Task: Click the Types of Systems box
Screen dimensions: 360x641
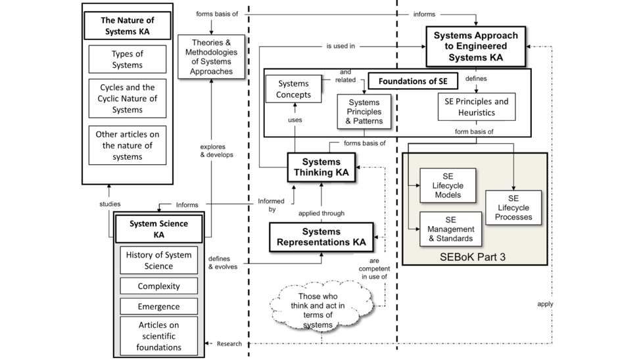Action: coord(128,59)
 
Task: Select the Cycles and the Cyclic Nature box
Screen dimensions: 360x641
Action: coord(128,99)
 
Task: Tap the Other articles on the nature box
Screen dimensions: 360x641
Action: coord(128,145)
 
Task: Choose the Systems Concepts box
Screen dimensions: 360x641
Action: coord(293,89)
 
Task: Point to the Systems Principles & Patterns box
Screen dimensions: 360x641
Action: coord(364,111)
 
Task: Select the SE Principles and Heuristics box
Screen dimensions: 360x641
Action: coord(477,107)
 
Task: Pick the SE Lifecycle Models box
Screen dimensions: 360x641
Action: coord(448,186)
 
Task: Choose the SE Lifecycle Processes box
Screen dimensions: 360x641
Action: coord(513,208)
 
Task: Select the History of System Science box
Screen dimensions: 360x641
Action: coord(158,260)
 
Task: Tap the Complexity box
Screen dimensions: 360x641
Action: coord(158,286)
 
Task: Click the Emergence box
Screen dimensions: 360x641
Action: coord(158,306)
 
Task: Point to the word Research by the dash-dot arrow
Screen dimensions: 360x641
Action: coord(229,344)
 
